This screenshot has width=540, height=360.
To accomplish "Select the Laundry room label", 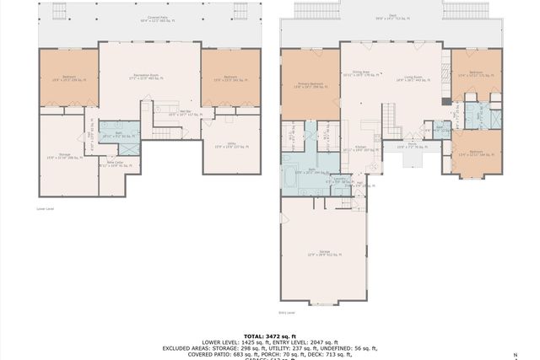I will [x=338, y=180].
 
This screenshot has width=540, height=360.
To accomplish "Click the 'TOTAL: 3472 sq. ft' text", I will [x=269, y=335].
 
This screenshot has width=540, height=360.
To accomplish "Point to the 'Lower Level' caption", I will [x=46, y=207].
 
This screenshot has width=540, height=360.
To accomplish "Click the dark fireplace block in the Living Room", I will [x=445, y=100].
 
